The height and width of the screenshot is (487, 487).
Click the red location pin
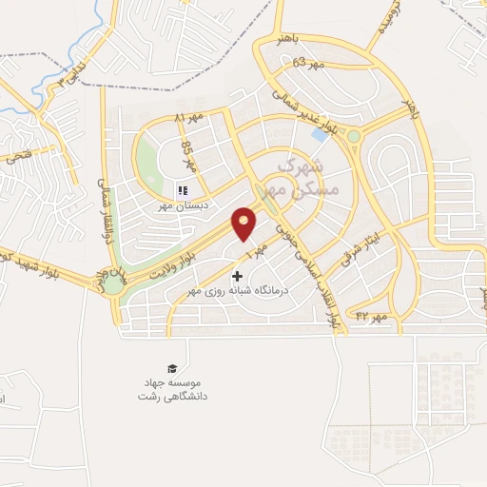tap(244, 223)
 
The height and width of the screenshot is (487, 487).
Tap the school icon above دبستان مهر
tap(183, 190)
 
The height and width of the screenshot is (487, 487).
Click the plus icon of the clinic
tap(237, 276)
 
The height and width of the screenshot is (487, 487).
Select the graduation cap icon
tap(171, 367)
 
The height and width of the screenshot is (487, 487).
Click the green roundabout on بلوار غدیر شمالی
tap(354, 136)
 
